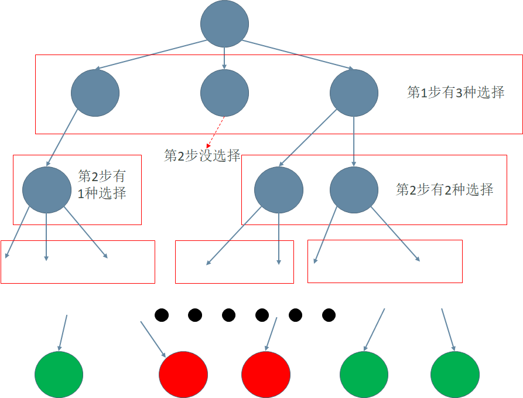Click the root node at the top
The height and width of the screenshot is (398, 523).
224,24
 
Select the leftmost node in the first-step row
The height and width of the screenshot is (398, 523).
95,93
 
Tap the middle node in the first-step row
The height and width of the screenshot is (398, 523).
224,93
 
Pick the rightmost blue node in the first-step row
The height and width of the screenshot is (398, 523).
354,93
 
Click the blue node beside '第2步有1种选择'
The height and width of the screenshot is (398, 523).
47,190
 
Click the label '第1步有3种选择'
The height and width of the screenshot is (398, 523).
456,92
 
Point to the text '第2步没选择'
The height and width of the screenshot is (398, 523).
202,155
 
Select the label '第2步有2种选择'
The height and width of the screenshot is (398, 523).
445,189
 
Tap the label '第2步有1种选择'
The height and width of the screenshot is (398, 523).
102,185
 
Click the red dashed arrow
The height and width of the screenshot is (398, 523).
216,131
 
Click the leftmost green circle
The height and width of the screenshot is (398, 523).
59,374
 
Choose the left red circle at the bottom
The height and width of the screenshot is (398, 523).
183,374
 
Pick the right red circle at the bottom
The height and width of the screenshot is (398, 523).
266,374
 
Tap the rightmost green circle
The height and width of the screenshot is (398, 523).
455,374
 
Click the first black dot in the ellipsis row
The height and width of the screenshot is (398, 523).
162,315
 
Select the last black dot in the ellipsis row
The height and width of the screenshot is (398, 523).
329,315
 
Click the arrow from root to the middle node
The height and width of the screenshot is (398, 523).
224,57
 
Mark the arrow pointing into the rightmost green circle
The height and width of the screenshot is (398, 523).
448,330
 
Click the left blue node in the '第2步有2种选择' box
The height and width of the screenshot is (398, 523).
279,190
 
